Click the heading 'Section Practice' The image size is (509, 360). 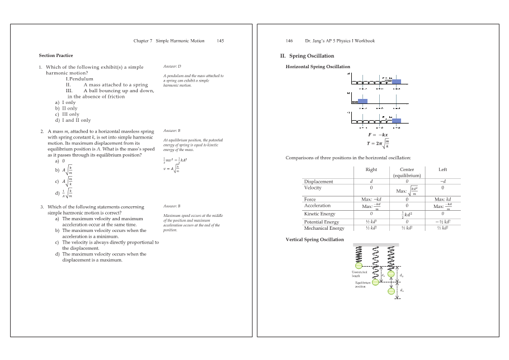click(56, 55)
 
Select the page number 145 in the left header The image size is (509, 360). click(220, 41)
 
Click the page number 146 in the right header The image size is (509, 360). click(289, 41)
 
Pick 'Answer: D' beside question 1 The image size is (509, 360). click(172, 67)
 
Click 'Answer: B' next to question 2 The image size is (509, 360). click(172, 130)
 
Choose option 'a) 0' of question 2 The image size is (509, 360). click(60, 161)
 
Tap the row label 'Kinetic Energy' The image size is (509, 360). click(319, 214)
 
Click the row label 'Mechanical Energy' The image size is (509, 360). click(324, 228)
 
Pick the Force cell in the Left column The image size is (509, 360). click(442, 199)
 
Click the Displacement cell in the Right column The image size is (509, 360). click(371, 181)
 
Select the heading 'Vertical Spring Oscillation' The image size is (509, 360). click(315, 239)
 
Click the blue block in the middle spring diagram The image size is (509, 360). click(362, 101)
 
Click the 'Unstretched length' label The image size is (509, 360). click(359, 274)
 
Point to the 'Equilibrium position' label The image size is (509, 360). click(363, 284)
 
